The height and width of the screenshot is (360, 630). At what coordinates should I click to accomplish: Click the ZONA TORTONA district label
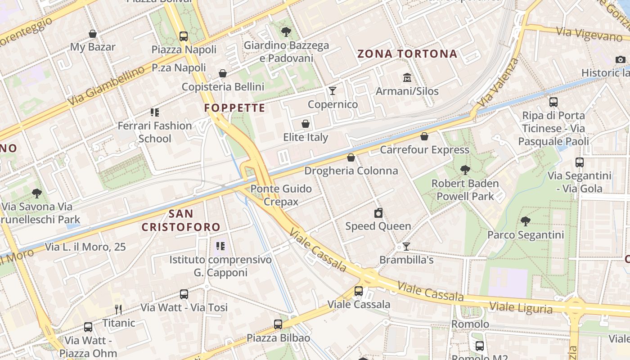click(x=407, y=54)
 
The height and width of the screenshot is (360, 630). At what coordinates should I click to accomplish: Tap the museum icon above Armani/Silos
click(x=407, y=78)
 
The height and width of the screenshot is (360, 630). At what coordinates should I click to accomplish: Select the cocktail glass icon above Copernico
click(x=333, y=91)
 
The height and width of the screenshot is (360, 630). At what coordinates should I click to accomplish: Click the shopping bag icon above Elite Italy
click(x=306, y=124)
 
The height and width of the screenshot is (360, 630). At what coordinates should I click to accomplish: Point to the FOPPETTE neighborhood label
click(x=234, y=108)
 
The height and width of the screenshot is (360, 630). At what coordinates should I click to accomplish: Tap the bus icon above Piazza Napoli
click(x=184, y=36)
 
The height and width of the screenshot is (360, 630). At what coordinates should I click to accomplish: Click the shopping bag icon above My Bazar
click(x=93, y=34)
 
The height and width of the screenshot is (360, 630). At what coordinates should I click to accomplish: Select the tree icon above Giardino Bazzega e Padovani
click(x=286, y=31)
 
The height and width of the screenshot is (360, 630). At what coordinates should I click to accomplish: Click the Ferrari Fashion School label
click(x=155, y=132)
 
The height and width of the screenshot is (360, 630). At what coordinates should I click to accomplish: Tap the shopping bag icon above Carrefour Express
click(x=424, y=136)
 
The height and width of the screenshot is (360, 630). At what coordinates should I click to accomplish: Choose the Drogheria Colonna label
click(x=351, y=171)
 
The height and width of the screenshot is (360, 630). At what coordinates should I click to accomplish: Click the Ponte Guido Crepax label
click(x=281, y=195)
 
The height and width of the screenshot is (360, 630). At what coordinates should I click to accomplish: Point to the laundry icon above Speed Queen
click(x=378, y=213)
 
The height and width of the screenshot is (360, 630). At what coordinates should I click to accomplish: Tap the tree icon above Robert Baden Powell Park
click(x=465, y=170)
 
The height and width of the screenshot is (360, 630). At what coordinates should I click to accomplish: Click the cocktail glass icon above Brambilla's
click(x=406, y=247)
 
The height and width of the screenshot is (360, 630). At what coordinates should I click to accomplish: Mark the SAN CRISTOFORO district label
click(x=181, y=220)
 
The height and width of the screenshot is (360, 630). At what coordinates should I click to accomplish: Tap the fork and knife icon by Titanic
click(x=118, y=310)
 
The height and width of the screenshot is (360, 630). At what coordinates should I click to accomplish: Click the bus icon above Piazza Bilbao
click(x=278, y=324)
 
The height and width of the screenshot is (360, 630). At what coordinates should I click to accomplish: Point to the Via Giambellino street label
click(x=107, y=86)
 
